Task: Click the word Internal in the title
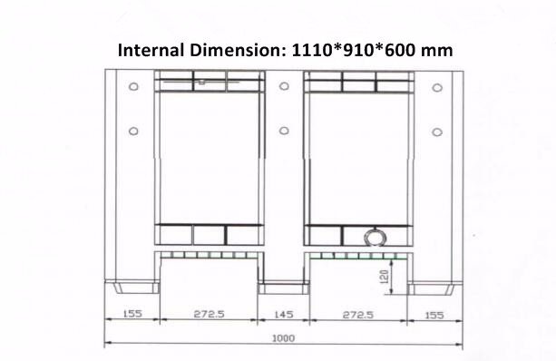[x=151, y=50]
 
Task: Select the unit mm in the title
[x=437, y=52]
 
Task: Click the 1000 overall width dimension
[x=283, y=338]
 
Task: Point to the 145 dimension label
[x=284, y=314]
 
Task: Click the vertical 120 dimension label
[x=384, y=277]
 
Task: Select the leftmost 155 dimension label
[x=132, y=314]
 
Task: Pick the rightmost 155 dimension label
[x=434, y=316]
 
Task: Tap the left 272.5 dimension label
[x=210, y=314]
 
